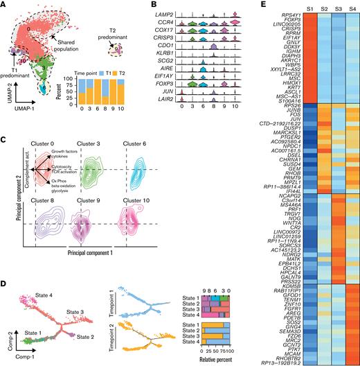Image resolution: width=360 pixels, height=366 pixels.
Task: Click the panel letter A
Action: [4, 5]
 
